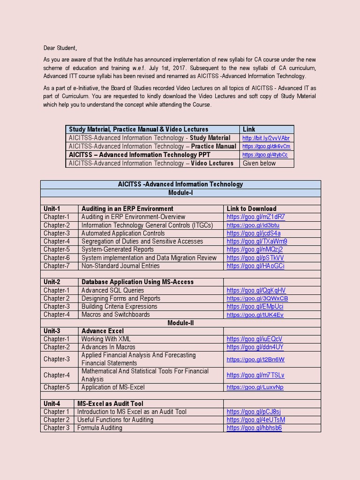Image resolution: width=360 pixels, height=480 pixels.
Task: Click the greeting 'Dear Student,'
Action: (x=60, y=48)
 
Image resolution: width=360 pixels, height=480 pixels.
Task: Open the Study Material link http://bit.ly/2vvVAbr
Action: (x=266, y=138)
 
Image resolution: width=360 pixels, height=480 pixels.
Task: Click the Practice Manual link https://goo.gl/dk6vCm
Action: (x=266, y=147)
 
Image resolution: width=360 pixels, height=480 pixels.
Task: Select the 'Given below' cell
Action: (x=259, y=163)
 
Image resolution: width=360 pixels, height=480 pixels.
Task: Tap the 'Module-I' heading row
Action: (x=180, y=193)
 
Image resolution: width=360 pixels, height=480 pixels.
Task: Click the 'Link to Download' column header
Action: (x=251, y=209)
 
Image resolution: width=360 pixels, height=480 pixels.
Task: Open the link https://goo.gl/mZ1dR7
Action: (x=255, y=217)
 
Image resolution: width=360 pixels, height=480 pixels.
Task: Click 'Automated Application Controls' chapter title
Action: (x=123, y=233)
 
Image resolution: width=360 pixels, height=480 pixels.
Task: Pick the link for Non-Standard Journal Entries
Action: (x=255, y=266)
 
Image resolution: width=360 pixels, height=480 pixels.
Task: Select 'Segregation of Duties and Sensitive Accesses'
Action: (x=142, y=241)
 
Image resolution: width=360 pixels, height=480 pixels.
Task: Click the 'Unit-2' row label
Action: (x=52, y=282)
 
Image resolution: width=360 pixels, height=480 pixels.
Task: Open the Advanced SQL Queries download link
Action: (x=256, y=291)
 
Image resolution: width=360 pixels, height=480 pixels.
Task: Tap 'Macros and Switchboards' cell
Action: (x=115, y=315)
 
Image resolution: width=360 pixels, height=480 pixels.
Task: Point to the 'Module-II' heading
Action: (x=180, y=323)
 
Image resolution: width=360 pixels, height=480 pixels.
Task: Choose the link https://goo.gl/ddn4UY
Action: (x=255, y=347)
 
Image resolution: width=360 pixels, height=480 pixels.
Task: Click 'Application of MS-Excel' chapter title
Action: (x=113, y=387)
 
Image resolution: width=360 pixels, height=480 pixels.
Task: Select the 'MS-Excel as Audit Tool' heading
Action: (x=110, y=404)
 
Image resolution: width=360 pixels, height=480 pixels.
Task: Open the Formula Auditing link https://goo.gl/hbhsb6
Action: (x=254, y=428)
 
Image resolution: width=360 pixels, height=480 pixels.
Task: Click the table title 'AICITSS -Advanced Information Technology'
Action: (x=180, y=184)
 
